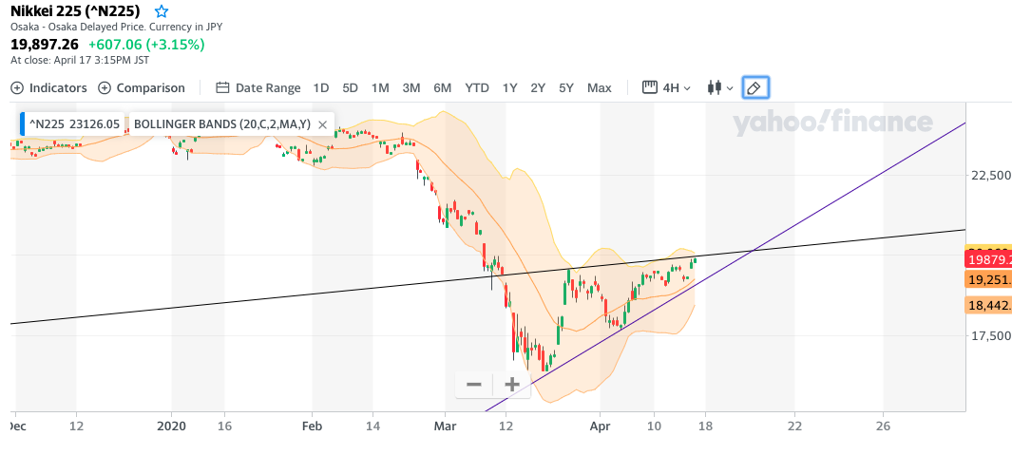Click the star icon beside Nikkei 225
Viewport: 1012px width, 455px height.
tap(162, 11)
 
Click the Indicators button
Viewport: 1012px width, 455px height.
tap(48, 88)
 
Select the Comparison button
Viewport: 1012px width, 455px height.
tap(142, 88)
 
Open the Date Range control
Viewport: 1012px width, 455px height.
tap(258, 88)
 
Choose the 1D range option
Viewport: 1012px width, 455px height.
tap(321, 88)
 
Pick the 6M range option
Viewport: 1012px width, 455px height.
tap(442, 88)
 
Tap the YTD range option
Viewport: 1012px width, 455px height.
tap(477, 88)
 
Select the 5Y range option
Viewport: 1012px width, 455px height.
tap(566, 88)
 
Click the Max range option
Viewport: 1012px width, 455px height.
tap(600, 88)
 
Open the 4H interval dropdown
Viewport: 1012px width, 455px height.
tap(667, 88)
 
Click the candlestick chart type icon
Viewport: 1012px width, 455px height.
tap(719, 88)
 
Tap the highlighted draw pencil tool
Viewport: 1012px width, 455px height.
tap(754, 88)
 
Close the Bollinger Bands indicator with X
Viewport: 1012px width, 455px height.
tap(323, 124)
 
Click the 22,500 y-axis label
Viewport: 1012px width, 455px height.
tap(989, 176)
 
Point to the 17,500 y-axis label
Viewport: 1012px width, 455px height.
tap(989, 335)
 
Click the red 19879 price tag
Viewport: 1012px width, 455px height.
tap(988, 259)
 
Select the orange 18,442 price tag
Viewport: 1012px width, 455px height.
tap(988, 305)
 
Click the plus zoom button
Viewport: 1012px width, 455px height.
tap(511, 385)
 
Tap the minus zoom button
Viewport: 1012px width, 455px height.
tap(474, 385)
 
